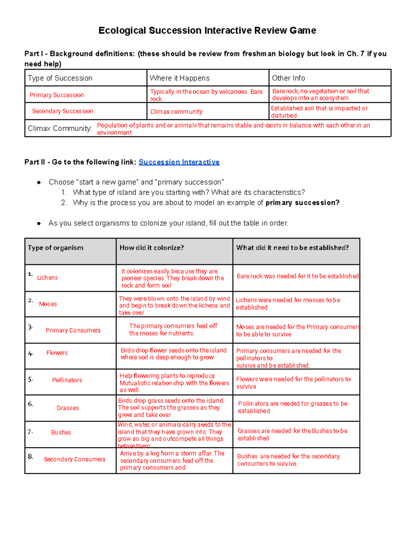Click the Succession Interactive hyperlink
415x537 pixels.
pyautogui.click(x=179, y=162)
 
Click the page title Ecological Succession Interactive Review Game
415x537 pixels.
pyautogui.click(x=207, y=30)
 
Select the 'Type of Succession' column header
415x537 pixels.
pyautogui.click(x=60, y=78)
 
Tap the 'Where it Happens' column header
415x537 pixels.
pyautogui.click(x=179, y=78)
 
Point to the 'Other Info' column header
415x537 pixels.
pyautogui.click(x=288, y=78)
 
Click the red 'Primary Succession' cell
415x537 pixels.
pyautogui.click(x=57, y=95)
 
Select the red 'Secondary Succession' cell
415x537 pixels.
pyautogui.click(x=63, y=111)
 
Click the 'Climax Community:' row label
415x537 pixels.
pyautogui.click(x=60, y=128)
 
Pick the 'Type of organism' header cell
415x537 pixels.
pyautogui.click(x=55, y=248)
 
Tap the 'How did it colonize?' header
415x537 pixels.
pyautogui.click(x=151, y=248)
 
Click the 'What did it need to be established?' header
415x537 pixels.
pyautogui.click(x=292, y=248)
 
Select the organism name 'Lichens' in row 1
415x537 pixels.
pyautogui.click(x=47, y=278)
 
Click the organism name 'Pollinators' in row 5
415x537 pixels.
pyautogui.click(x=67, y=380)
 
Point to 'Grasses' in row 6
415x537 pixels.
pyautogui.click(x=68, y=408)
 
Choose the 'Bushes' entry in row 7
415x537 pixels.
pyautogui.click(x=61, y=432)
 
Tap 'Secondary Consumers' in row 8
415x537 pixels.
pyautogui.click(x=74, y=459)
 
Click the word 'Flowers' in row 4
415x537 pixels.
pyautogui.click(x=57, y=353)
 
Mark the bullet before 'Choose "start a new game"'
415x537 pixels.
pyautogui.click(x=39, y=182)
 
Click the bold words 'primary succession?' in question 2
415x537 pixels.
pyautogui.click(x=302, y=203)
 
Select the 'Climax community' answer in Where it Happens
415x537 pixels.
pyautogui.click(x=176, y=112)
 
